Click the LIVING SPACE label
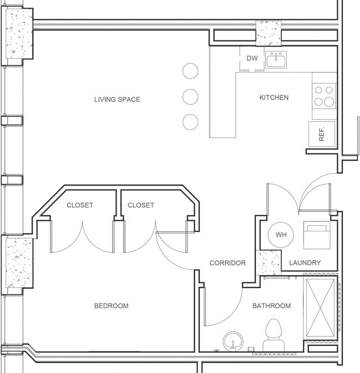(117, 100)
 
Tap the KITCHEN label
(274, 97)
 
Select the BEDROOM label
(111, 305)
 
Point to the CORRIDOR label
(227, 263)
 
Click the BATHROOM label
(271, 305)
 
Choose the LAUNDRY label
(305, 263)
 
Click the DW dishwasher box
(252, 59)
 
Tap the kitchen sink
(276, 59)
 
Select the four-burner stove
(324, 96)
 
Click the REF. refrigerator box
(322, 133)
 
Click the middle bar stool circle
(190, 96)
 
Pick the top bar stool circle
(190, 71)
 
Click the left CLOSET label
(80, 205)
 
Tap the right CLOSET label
(141, 205)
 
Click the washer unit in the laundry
(317, 234)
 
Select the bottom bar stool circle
(190, 122)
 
